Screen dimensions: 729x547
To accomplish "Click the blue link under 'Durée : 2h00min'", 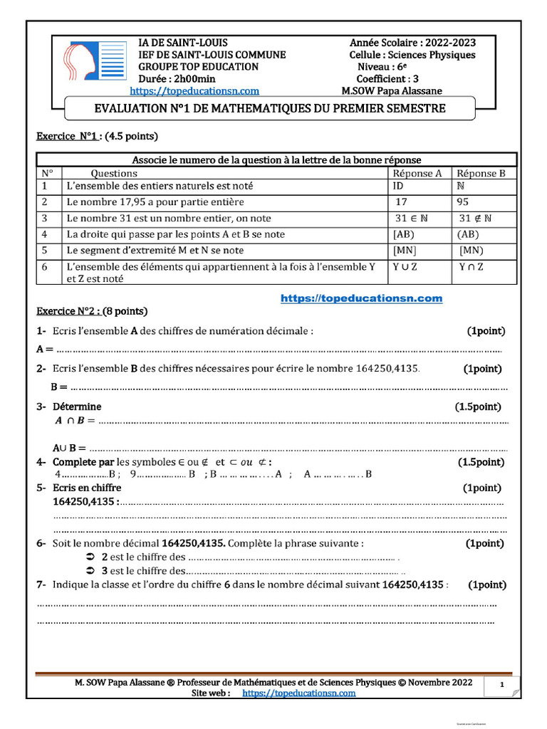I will pyautogui.click(x=194, y=91).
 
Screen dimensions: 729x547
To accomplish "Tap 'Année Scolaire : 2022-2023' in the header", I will pyautogui.click(x=413, y=43).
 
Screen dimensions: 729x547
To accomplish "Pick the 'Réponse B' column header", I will pyautogui.click(x=481, y=173).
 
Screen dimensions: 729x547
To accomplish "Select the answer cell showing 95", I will pyautogui.click(x=464, y=201).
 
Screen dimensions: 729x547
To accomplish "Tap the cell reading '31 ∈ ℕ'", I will pyautogui.click(x=411, y=218).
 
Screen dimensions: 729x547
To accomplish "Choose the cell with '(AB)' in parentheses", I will pyautogui.click(x=468, y=234).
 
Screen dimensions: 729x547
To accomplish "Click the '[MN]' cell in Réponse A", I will pyautogui.click(x=405, y=250).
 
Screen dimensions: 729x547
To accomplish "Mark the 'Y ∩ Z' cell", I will pyautogui.click(x=471, y=266).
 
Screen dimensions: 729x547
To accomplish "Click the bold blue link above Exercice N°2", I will pyautogui.click(x=361, y=298).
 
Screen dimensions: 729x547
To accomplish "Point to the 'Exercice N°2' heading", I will pyautogui.click(x=92, y=311).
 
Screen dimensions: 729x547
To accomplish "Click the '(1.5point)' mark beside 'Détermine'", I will pyautogui.click(x=478, y=407).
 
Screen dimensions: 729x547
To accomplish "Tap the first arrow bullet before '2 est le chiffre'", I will pyautogui.click(x=90, y=556).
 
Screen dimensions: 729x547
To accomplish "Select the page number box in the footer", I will pyautogui.click(x=502, y=686).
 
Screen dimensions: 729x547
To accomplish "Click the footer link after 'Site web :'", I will pyautogui.click(x=298, y=693).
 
